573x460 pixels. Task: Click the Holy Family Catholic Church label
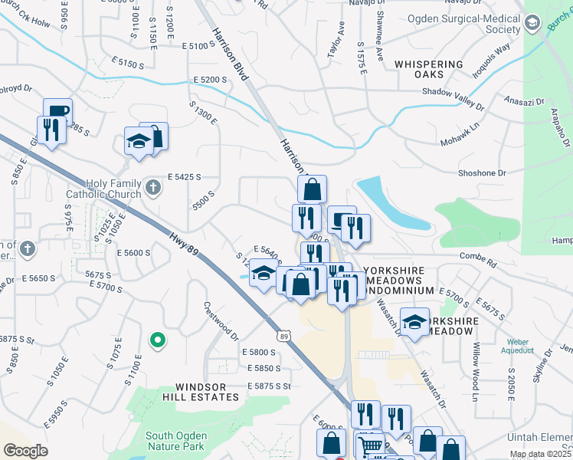(103, 189)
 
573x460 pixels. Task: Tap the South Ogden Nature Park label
(175, 441)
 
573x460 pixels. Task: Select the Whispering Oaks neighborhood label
(428, 71)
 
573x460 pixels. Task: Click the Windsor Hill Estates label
(207, 392)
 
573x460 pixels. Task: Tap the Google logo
(25, 451)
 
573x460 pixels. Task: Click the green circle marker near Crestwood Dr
(158, 339)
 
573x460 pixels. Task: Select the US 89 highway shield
(284, 336)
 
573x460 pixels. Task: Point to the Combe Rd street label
(478, 256)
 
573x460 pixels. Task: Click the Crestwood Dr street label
(221, 320)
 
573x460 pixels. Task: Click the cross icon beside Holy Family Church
(153, 186)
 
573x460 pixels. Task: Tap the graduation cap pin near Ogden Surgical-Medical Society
(531, 23)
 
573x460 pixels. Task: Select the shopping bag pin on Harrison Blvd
(312, 189)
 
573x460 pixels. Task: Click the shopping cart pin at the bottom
(370, 445)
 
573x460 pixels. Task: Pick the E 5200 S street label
(211, 80)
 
